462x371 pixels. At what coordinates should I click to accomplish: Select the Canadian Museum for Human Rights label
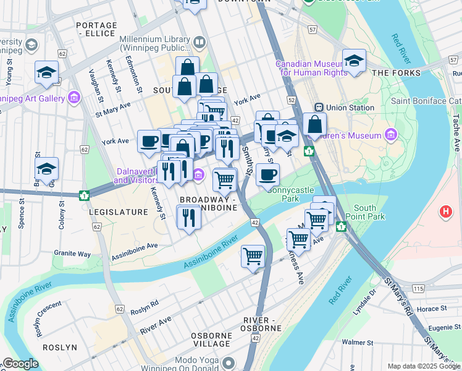(x=311, y=68)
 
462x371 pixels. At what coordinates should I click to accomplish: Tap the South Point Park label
(x=369, y=212)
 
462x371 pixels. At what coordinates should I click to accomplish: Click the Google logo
(x=20, y=364)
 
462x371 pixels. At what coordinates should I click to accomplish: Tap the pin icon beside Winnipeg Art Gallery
(x=75, y=98)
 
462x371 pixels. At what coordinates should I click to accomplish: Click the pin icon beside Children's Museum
(x=390, y=135)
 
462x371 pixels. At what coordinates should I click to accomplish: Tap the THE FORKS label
(x=397, y=73)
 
